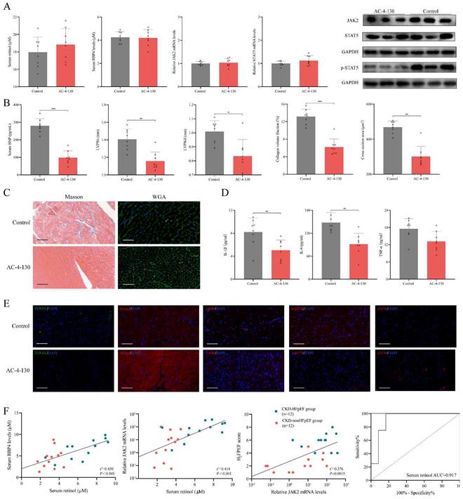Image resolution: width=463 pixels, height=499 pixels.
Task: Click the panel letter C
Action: [x=6, y=189]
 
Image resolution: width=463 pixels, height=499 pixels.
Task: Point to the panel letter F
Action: [x=6, y=412]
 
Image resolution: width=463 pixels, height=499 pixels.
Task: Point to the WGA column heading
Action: [x=145, y=191]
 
